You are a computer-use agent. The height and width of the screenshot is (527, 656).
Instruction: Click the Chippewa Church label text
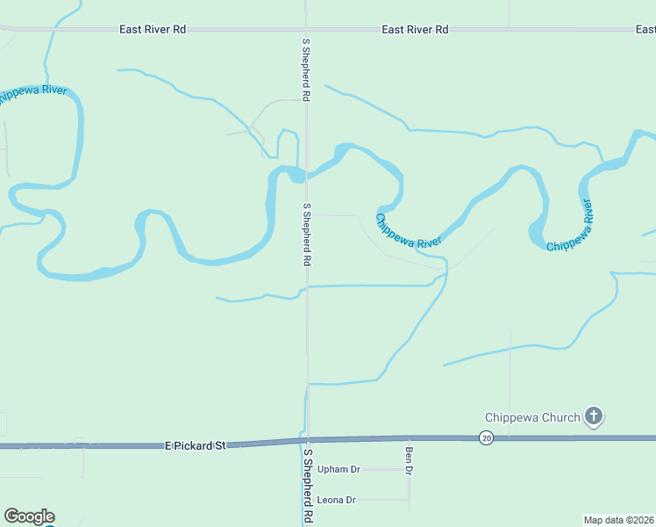(532, 417)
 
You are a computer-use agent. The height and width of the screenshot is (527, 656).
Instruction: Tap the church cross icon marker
(594, 416)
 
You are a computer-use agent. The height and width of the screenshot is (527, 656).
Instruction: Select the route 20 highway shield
(485, 437)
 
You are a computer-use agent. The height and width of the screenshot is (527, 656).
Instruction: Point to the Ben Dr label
(409, 461)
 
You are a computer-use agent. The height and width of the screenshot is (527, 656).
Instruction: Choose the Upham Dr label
(339, 469)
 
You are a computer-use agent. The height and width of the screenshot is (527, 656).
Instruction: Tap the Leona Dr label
(337, 500)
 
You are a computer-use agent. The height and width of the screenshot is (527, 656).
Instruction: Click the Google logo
(29, 516)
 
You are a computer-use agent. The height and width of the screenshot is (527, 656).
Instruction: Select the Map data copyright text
(619, 520)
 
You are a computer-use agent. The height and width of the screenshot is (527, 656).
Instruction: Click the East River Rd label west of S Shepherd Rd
(153, 29)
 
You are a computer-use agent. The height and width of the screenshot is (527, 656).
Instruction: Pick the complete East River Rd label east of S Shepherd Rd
(415, 29)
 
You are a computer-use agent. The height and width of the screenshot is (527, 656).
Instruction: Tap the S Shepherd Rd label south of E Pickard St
(308, 486)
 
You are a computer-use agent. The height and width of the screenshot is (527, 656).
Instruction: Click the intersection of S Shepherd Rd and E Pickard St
(307, 440)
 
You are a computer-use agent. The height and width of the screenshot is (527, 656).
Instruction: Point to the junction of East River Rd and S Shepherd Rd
(306, 29)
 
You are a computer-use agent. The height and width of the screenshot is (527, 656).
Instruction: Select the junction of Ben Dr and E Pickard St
(409, 437)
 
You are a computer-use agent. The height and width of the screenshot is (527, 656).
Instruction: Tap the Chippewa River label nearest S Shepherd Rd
(408, 230)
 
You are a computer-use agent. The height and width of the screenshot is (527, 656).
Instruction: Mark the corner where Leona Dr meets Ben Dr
(409, 500)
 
